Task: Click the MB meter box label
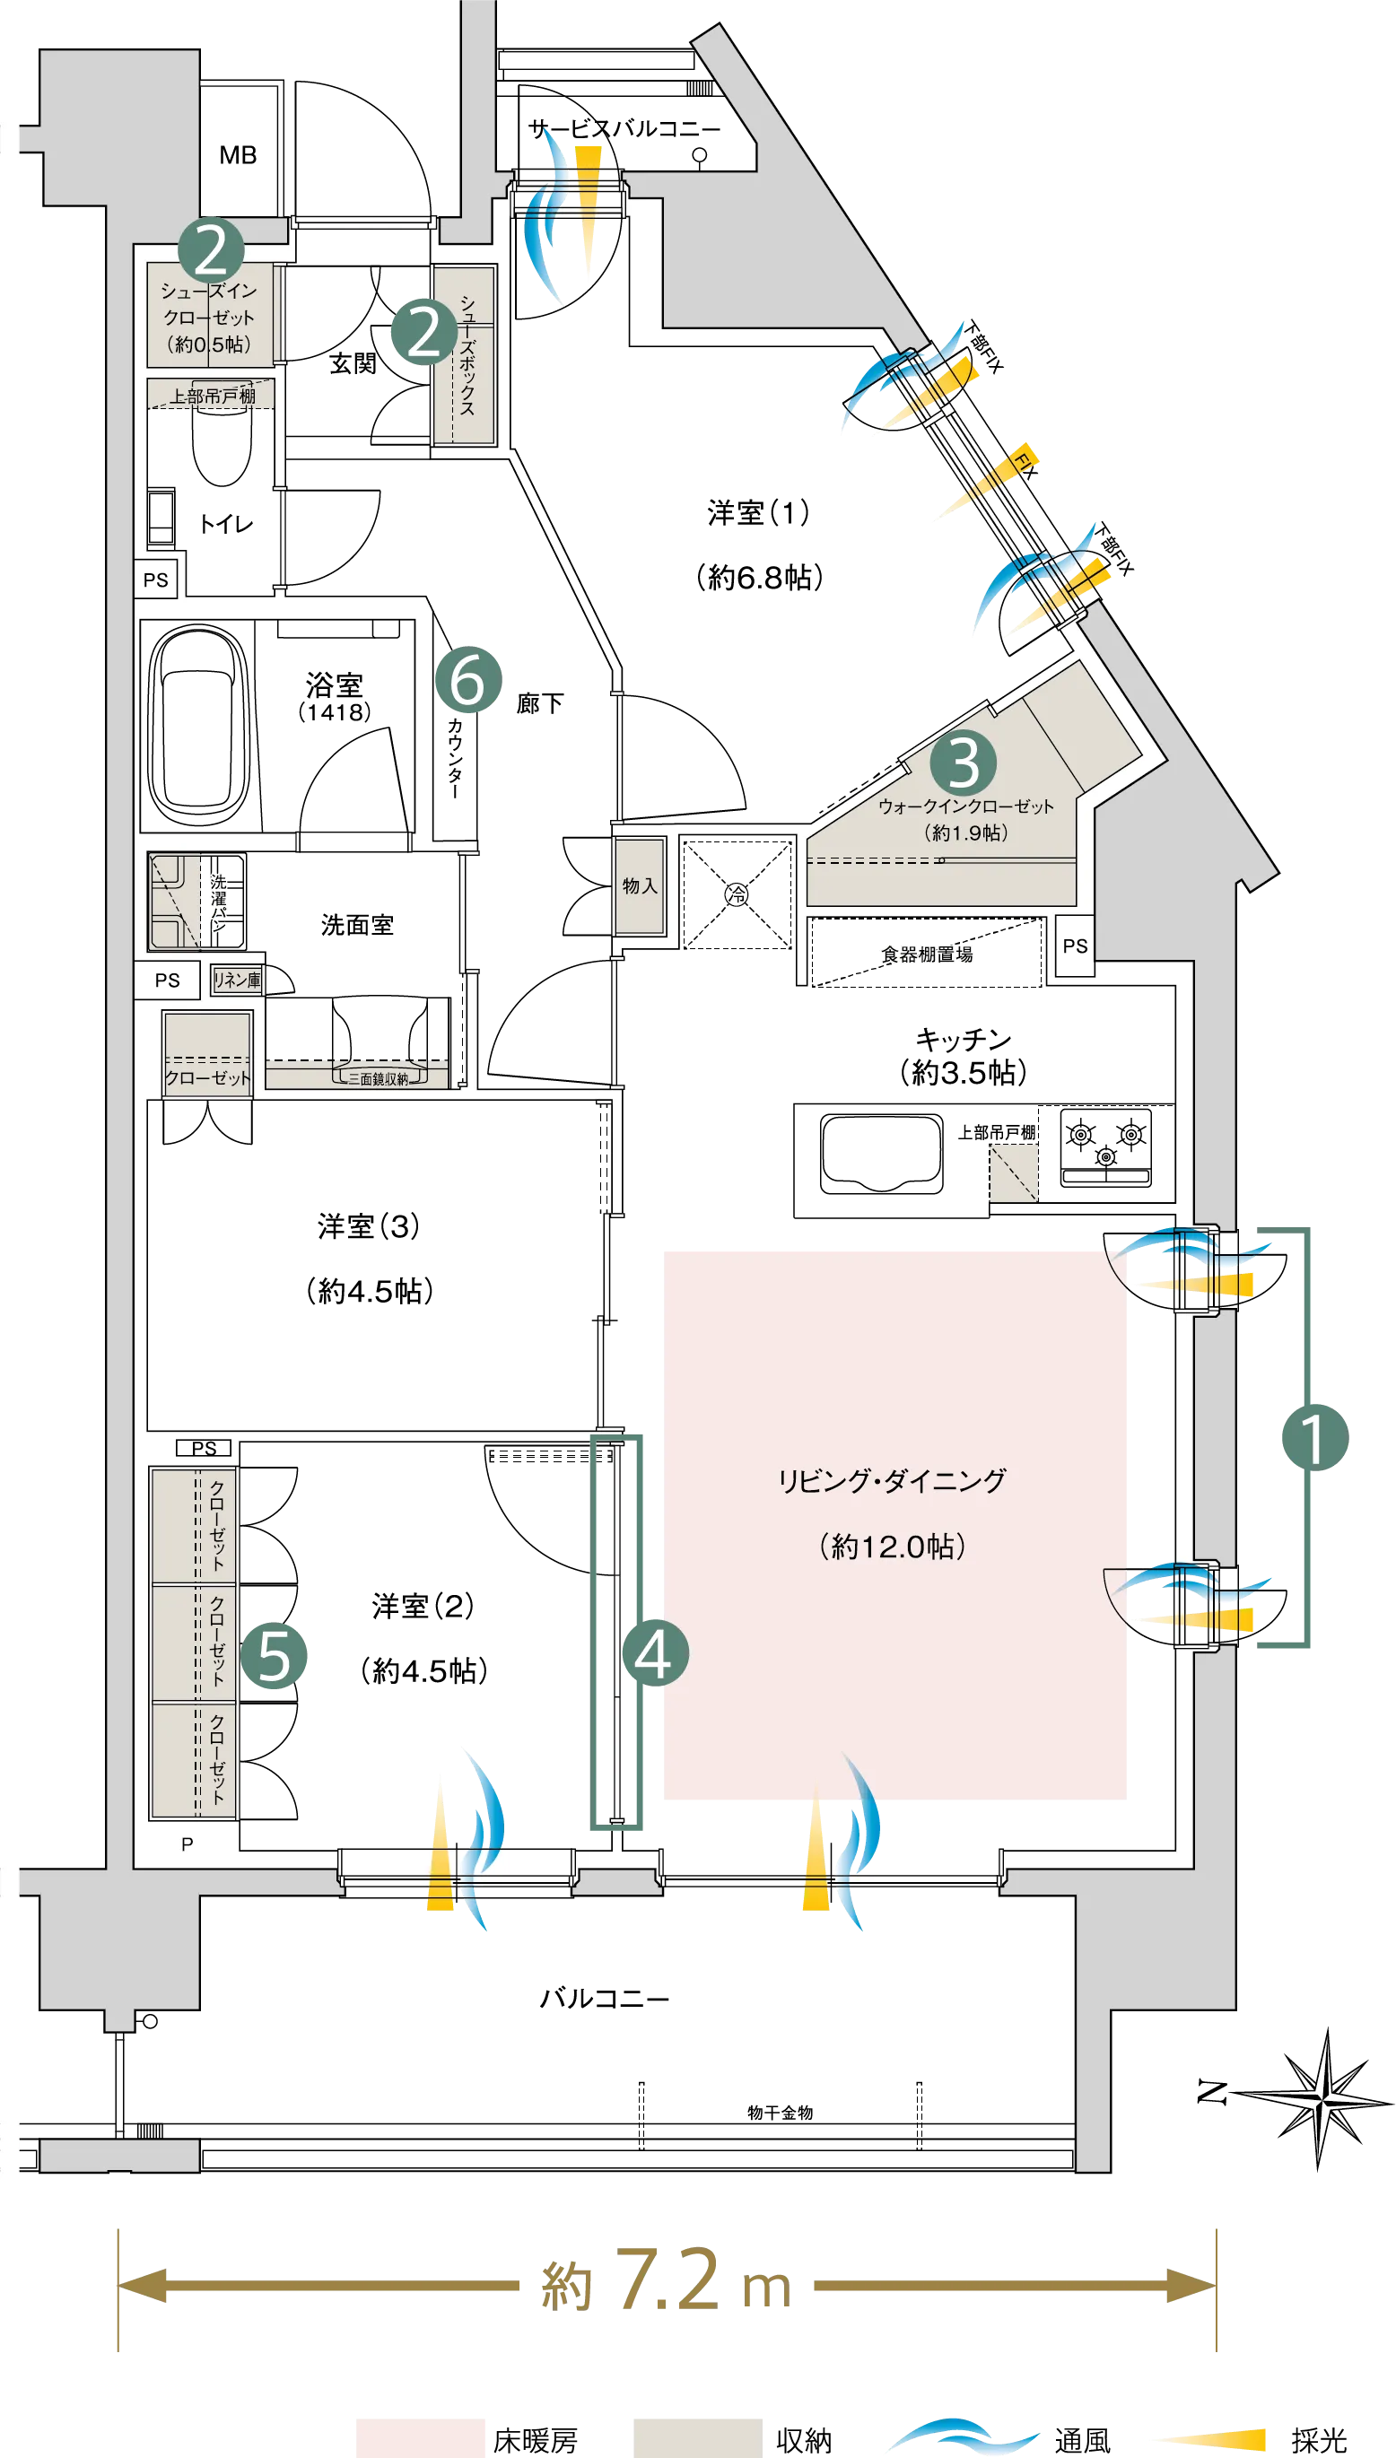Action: tap(238, 155)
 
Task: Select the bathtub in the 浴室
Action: tap(197, 725)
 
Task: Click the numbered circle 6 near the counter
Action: tap(469, 680)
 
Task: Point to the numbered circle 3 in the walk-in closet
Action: tap(964, 763)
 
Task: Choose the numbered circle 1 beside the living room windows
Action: tap(1315, 1437)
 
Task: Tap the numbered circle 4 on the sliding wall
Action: tap(655, 1652)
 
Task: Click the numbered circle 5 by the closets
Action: tap(274, 1656)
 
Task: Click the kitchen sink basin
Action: tap(881, 1154)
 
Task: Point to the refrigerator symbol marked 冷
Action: tap(737, 894)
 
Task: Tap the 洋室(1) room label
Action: tap(758, 513)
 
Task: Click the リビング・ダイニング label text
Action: tap(892, 1481)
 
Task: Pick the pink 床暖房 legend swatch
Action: tap(420, 2436)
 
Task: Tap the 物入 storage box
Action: tap(640, 885)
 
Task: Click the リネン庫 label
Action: tap(237, 980)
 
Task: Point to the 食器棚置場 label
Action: tap(927, 954)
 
